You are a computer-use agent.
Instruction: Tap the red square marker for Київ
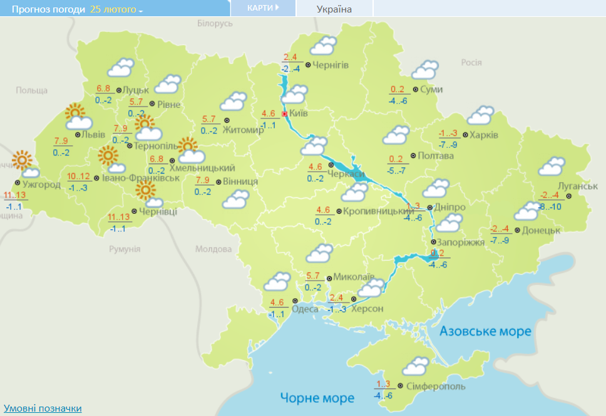(x=285, y=114)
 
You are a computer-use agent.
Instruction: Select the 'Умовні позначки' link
(x=42, y=408)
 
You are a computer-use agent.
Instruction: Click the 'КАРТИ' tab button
(x=262, y=8)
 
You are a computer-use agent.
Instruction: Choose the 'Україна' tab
(x=334, y=9)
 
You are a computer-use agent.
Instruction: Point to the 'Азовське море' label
(x=485, y=331)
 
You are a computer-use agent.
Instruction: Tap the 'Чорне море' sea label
(x=317, y=398)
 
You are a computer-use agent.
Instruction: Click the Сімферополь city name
(x=436, y=387)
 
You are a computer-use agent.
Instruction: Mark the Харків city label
(x=484, y=135)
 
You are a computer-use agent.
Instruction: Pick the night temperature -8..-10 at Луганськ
(x=552, y=207)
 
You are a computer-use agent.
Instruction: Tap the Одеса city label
(x=305, y=308)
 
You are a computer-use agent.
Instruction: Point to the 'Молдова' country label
(x=213, y=249)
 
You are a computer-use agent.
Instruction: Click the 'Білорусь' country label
(x=215, y=23)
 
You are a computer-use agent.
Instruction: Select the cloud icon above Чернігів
(x=324, y=46)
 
